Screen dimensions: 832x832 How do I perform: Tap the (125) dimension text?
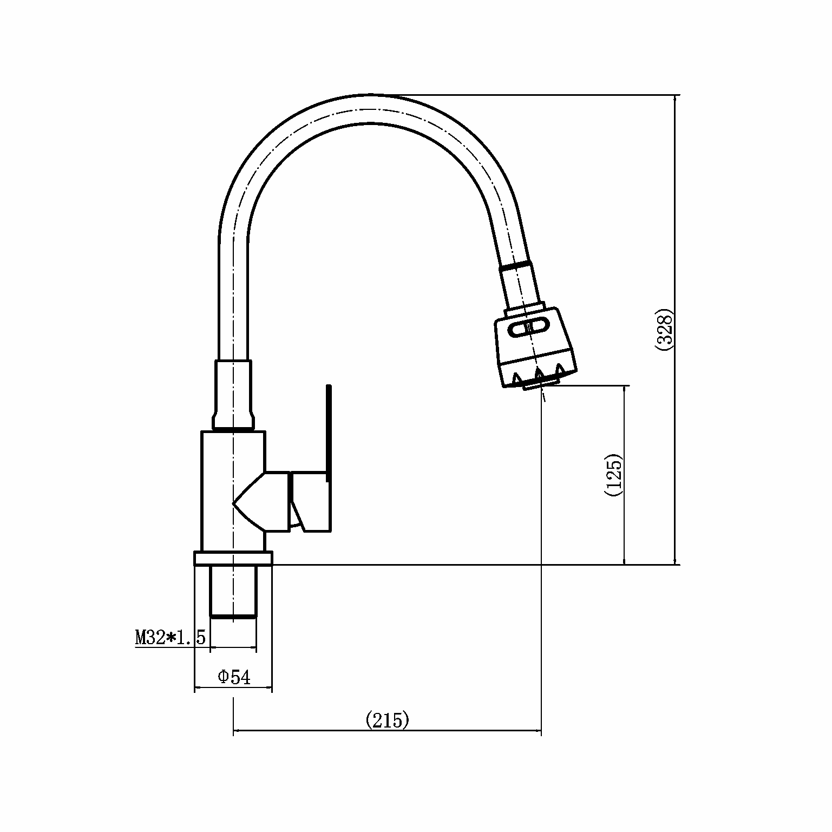click(x=614, y=474)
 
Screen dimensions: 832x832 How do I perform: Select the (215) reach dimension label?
click(x=388, y=720)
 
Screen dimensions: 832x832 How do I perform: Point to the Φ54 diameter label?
click(x=234, y=677)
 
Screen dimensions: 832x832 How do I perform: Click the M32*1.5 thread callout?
click(x=171, y=637)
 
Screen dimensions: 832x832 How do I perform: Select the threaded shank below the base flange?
click(x=233, y=591)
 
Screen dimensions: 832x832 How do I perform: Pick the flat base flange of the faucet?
click(x=233, y=558)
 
